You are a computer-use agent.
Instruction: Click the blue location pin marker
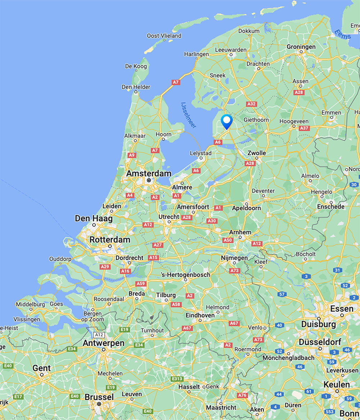pyautogui.click(x=227, y=121)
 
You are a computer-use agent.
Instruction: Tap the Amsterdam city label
pyautogui.click(x=149, y=173)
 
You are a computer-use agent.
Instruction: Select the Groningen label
pyautogui.click(x=301, y=47)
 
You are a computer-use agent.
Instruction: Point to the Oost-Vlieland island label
pyautogui.click(x=164, y=36)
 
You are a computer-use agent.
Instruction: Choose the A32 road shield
pyautogui.click(x=251, y=104)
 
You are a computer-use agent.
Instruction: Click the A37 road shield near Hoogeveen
pyautogui.click(x=304, y=128)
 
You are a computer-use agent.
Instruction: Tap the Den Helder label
pyautogui.click(x=136, y=87)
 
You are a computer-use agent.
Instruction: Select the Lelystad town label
pyautogui.click(x=201, y=153)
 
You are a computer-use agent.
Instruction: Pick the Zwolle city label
pyautogui.click(x=257, y=153)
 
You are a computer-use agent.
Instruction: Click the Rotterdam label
pyautogui.click(x=110, y=240)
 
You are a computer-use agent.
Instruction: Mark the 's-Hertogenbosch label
pyautogui.click(x=185, y=275)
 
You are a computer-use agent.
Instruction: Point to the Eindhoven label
pyautogui.click(x=200, y=315)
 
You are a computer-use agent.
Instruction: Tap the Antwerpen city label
pyautogui.click(x=103, y=343)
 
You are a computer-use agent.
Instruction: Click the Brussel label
pyautogui.click(x=99, y=397)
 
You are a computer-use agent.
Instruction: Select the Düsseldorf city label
pyautogui.click(x=320, y=342)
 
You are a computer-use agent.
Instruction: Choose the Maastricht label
pyautogui.click(x=221, y=407)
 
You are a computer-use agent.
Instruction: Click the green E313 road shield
pyautogui.click(x=177, y=379)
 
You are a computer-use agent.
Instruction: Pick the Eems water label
pyautogui.click(x=342, y=35)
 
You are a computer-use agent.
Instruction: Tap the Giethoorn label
pyautogui.click(x=256, y=120)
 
